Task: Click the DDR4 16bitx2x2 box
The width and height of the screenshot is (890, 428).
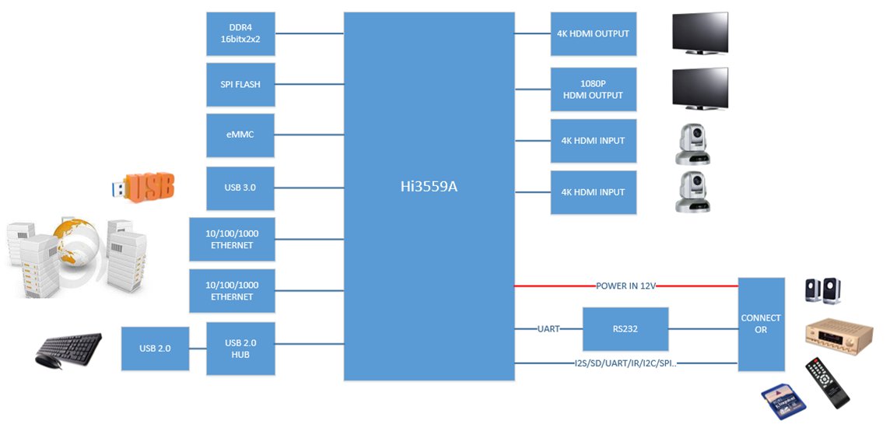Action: point(240,34)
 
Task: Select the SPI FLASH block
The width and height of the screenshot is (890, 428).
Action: point(240,85)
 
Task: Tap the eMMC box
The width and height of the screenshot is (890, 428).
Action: point(240,135)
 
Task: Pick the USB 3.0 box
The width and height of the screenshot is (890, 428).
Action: point(240,188)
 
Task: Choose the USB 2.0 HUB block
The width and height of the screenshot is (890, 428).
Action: point(240,349)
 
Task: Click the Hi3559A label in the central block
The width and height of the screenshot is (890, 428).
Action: point(429,187)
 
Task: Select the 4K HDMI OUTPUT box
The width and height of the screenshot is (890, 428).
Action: point(594,34)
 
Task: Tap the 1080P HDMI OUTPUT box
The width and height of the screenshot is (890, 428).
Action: point(594,89)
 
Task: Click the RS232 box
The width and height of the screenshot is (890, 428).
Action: point(625,329)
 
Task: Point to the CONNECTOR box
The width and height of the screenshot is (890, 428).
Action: point(761,325)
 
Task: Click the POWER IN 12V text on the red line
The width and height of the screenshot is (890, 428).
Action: point(626,286)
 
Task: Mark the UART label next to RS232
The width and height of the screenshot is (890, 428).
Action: point(548,328)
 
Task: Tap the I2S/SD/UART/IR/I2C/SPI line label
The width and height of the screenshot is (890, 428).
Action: point(625,363)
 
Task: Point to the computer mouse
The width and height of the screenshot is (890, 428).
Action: point(48,361)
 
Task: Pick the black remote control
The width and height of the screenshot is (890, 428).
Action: point(827,383)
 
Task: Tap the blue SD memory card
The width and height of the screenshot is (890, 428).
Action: point(784,402)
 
